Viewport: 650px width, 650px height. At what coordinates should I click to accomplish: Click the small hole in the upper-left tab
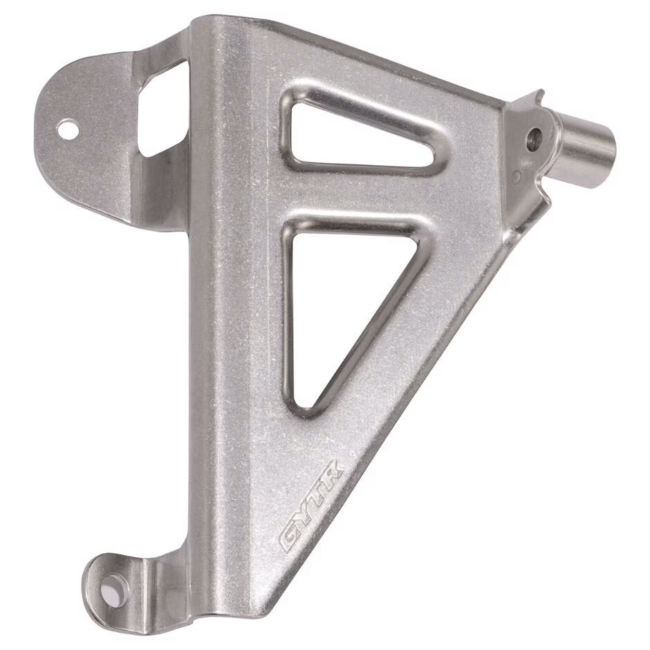click(67, 128)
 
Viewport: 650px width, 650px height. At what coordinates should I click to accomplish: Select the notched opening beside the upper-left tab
click(161, 107)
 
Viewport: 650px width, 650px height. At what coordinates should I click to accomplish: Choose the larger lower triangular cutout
click(332, 297)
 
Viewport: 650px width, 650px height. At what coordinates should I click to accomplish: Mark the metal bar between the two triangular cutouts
click(360, 201)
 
